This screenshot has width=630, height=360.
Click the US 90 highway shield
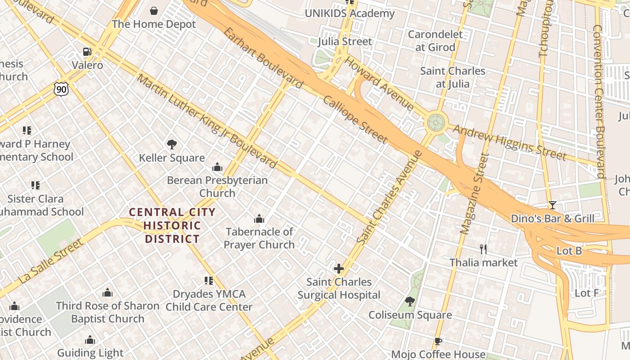coord(61,89)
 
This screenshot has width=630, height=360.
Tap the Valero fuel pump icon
coord(87,52)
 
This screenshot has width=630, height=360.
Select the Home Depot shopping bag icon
coord(154,10)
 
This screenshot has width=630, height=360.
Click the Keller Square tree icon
coord(171,144)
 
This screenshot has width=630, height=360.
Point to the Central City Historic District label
coord(172,225)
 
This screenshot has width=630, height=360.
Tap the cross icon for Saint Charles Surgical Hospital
coord(338,269)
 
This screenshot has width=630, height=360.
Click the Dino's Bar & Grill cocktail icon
coord(552,205)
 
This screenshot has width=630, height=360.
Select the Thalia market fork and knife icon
coord(483,249)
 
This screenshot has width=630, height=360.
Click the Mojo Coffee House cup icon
coord(438,342)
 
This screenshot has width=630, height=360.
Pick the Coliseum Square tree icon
coord(409,301)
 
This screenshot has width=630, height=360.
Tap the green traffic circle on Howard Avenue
coord(436,122)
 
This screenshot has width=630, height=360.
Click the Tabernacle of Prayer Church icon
coord(259,219)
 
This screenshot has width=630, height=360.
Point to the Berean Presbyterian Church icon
coord(217,167)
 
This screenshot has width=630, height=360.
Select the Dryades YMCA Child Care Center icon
coord(209,281)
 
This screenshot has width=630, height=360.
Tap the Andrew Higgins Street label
coord(509,142)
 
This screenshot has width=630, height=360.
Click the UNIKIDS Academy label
coord(350,13)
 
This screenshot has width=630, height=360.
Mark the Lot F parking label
coord(587,293)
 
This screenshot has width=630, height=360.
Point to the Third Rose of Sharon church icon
coord(108,292)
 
